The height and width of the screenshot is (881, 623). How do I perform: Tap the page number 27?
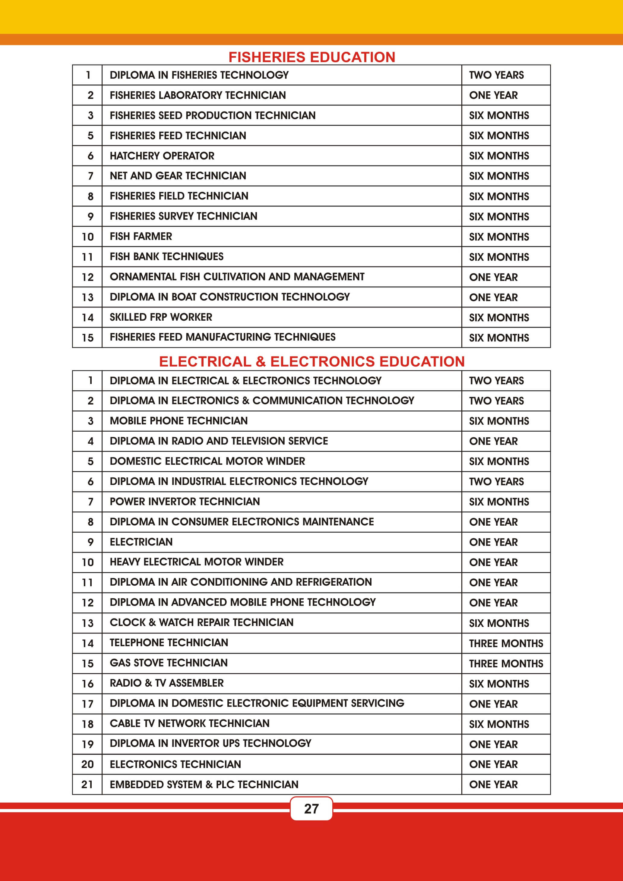click(x=311, y=808)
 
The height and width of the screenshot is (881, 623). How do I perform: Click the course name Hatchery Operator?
click(x=162, y=156)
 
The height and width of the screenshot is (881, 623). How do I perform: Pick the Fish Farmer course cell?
click(x=141, y=236)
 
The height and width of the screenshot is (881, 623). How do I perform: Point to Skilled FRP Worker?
click(x=161, y=317)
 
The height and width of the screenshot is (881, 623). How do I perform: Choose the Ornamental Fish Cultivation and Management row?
click(x=237, y=277)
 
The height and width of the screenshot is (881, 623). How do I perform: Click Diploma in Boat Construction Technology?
click(x=229, y=297)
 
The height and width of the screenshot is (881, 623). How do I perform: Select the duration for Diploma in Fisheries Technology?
click(x=496, y=75)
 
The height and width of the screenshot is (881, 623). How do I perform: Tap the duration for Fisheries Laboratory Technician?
click(x=493, y=95)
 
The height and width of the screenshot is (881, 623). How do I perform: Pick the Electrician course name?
click(x=141, y=542)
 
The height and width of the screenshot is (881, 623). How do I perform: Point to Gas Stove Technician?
click(x=169, y=663)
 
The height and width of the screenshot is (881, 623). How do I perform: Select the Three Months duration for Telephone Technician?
click(x=506, y=643)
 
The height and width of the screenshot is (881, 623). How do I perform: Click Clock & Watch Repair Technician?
click(x=201, y=622)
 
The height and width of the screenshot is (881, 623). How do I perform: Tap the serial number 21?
click(x=87, y=784)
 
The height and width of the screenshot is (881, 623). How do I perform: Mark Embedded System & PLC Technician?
click(x=204, y=784)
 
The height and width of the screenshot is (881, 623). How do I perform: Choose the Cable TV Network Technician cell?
click(x=190, y=723)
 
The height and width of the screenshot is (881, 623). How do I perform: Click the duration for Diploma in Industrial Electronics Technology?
click(x=496, y=482)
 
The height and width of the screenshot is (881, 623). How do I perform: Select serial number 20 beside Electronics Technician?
click(x=87, y=764)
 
